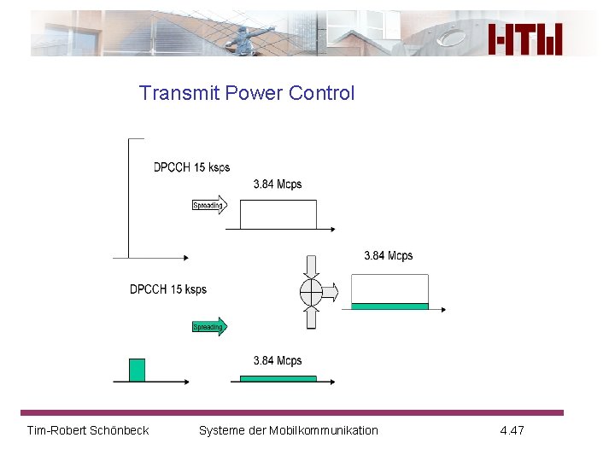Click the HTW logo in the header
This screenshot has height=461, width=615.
pyautogui.click(x=525, y=38)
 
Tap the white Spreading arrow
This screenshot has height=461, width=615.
pyautogui.click(x=209, y=205)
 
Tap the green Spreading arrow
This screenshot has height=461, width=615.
pyautogui.click(x=209, y=327)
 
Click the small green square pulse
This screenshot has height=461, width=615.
pyautogui.click(x=137, y=370)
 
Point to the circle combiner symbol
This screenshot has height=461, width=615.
pyautogui.click(x=311, y=293)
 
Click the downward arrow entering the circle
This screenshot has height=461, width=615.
pyautogui.click(x=311, y=266)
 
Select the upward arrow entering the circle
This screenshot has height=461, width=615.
pyautogui.click(x=311, y=318)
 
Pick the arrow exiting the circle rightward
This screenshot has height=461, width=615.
pyautogui.click(x=331, y=293)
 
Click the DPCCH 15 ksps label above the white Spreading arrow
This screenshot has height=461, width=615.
pyautogui.click(x=191, y=167)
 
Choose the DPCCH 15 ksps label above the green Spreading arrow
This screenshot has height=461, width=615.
pyautogui.click(x=168, y=289)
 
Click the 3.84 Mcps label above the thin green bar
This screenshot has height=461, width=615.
pyautogui.click(x=278, y=361)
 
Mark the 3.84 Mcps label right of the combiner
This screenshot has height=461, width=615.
pyautogui.click(x=389, y=256)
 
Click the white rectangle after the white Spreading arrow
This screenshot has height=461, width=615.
pyautogui.click(x=278, y=214)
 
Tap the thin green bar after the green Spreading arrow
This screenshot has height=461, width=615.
pyautogui.click(x=278, y=378)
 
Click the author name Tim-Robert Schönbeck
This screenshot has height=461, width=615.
pyautogui.click(x=88, y=430)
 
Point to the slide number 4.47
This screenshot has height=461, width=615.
pyautogui.click(x=512, y=430)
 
